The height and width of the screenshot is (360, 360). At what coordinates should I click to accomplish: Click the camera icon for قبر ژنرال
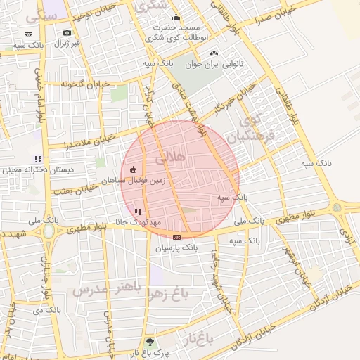tap(67, 33)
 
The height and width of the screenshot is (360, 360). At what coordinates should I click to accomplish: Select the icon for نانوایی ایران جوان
tap(214, 53)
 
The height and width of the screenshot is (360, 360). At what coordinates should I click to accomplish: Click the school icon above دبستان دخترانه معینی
tap(37, 159)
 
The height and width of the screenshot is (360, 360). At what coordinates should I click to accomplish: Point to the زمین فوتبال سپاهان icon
tap(134, 169)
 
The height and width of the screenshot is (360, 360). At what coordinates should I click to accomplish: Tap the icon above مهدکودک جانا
tap(138, 211)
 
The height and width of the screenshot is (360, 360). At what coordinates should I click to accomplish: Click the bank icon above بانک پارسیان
tap(176, 237)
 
